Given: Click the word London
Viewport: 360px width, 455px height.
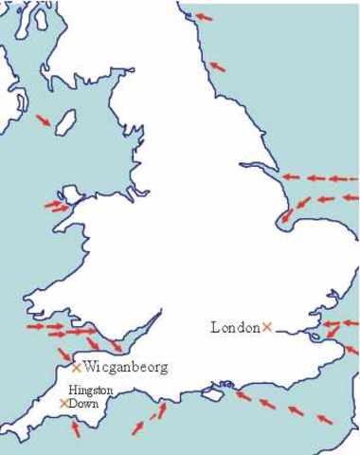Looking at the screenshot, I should click(x=235, y=328).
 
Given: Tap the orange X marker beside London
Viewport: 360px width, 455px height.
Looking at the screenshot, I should click(x=267, y=327).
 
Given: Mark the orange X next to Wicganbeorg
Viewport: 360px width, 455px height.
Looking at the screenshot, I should click(x=77, y=367).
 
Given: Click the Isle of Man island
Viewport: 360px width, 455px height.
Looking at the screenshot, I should click(x=66, y=122).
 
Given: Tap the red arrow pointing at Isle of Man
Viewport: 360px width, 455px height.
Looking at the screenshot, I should click(x=44, y=119).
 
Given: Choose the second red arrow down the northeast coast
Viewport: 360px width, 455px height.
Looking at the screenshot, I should click(x=217, y=65).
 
